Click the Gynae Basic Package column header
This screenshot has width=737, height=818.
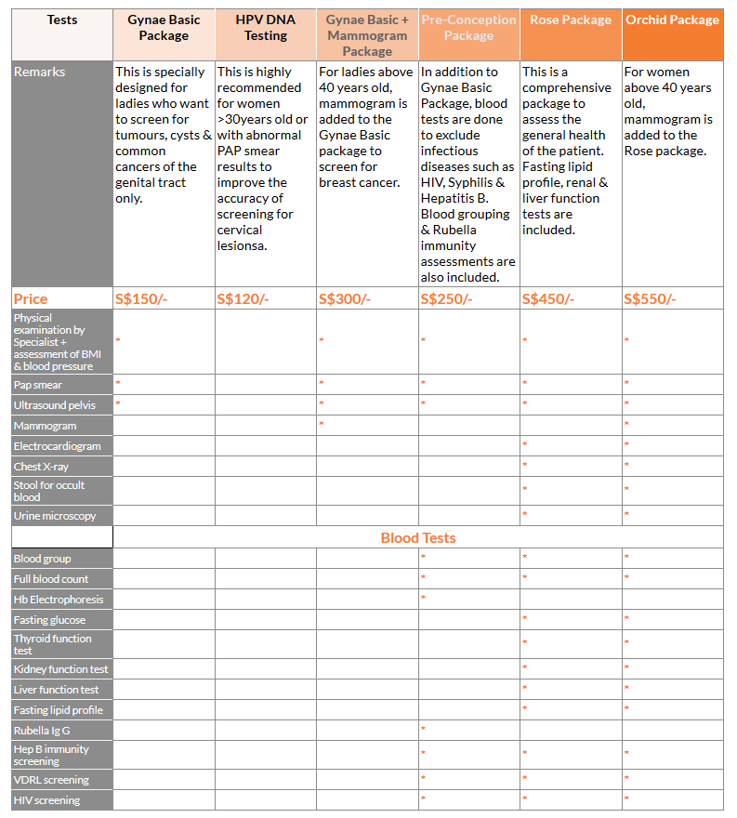[164, 28]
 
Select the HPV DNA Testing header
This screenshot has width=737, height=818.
[266, 28]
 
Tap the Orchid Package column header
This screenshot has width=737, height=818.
[672, 20]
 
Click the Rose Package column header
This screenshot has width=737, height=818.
[571, 20]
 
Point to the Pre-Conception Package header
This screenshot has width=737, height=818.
[468, 28]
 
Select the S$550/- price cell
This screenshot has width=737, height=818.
[650, 298]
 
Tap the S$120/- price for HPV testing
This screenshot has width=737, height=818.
[243, 298]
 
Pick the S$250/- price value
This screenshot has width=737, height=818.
[446, 298]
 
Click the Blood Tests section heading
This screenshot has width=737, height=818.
[418, 537]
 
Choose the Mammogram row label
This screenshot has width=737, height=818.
[45, 426]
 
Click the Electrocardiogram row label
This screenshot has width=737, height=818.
[57, 446]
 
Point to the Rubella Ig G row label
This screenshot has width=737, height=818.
[42, 731]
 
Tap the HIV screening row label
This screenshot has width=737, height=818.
[46, 800]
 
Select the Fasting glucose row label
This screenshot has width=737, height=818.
[49, 620]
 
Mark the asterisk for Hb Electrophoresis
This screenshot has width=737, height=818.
[423, 598]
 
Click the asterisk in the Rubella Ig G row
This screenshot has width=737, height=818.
[423, 729]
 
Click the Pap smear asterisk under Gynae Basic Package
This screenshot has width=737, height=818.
[118, 383]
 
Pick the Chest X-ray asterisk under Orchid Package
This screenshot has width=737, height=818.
[626, 465]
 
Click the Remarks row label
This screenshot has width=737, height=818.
[40, 73]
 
